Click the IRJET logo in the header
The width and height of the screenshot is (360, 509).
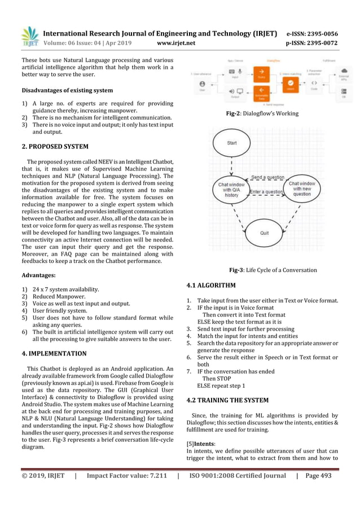(29, 37)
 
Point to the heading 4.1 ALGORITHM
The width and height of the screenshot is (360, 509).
(211, 285)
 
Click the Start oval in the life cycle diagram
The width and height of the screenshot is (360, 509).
(232, 143)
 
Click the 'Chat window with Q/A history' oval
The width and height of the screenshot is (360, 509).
(231, 189)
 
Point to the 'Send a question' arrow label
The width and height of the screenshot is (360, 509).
(267, 177)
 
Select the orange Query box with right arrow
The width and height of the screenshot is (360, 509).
(261, 73)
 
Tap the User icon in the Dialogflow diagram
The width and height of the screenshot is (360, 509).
(202, 85)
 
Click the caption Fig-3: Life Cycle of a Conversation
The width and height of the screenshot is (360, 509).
(273, 270)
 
